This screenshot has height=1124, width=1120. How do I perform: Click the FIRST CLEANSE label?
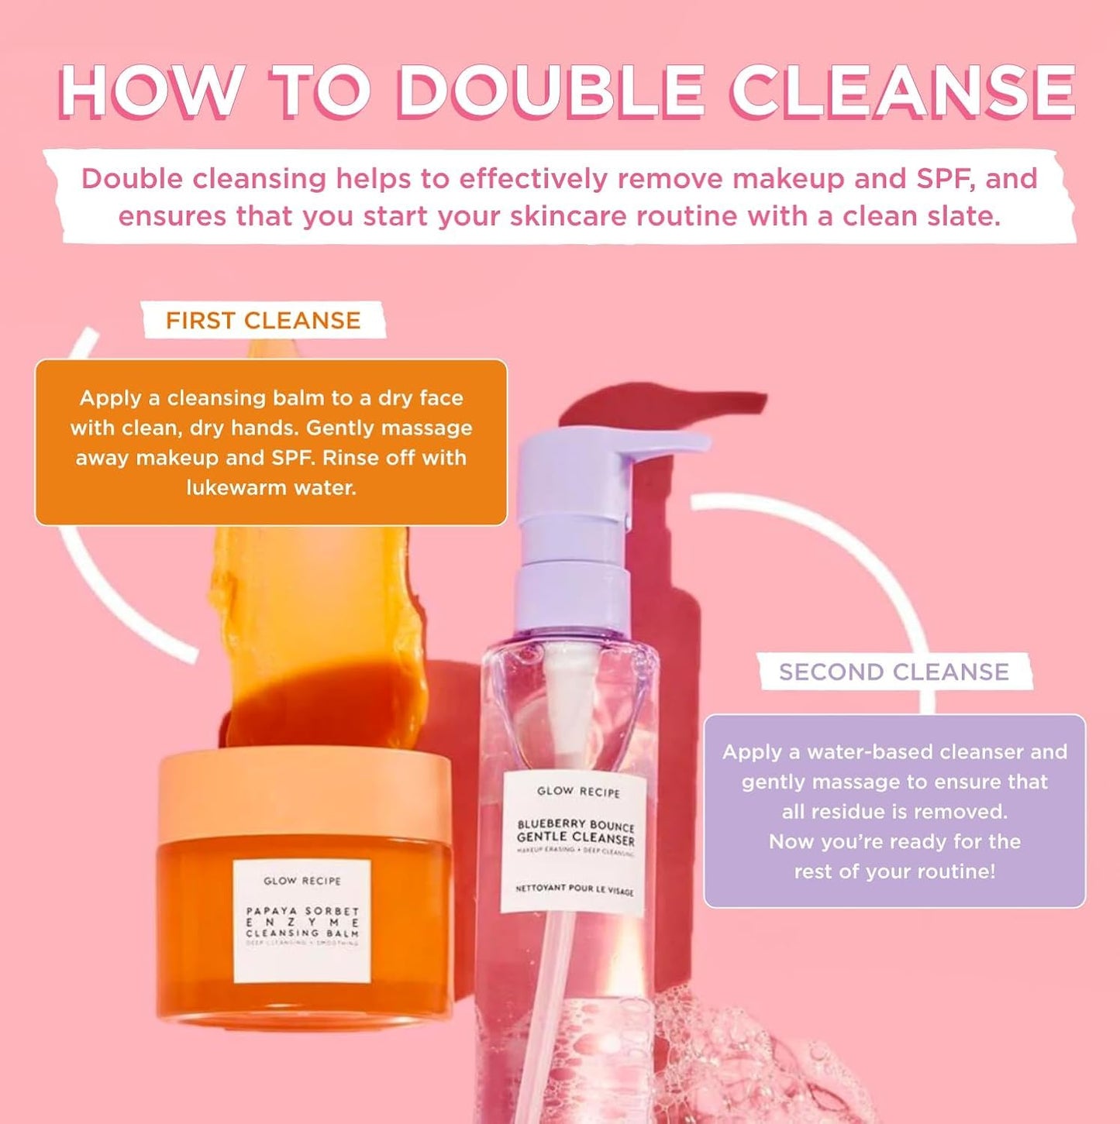[x=263, y=321]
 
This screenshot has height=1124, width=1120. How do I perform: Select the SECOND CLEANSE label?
[x=894, y=672]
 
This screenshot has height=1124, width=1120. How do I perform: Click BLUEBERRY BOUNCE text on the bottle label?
[x=576, y=825]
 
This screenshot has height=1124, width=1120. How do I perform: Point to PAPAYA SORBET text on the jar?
[x=302, y=911]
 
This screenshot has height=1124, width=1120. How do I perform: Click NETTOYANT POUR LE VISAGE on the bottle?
[x=574, y=889]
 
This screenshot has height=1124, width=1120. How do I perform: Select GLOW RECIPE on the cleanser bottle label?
[x=578, y=792]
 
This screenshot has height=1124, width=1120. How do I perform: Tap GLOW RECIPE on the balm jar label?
[x=302, y=881]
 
